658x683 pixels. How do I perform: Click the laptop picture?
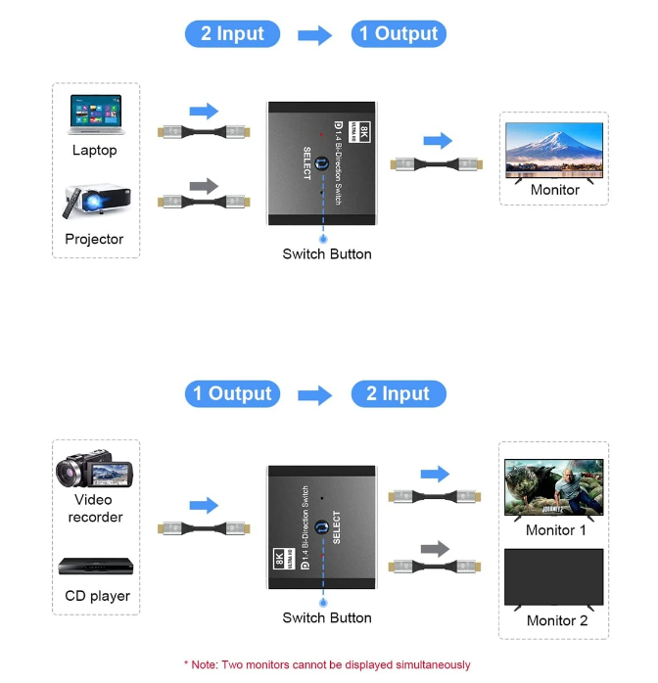click(95, 114)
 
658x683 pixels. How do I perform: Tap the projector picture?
click(94, 203)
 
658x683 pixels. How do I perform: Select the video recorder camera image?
click(94, 472)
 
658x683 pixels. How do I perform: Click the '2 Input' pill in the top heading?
click(232, 34)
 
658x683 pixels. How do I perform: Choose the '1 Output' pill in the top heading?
click(399, 34)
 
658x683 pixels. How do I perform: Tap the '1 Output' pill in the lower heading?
click(232, 394)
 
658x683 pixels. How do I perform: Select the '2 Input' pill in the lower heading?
click(399, 394)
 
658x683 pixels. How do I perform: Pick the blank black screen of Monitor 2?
click(554, 577)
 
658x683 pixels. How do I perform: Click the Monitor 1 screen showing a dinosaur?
click(554, 487)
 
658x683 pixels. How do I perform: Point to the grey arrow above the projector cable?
click(204, 185)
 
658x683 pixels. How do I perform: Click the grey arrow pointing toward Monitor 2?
click(435, 549)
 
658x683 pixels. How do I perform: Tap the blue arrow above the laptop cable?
click(204, 111)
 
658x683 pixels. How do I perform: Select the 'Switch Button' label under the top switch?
click(327, 254)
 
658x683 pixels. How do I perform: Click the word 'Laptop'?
click(95, 151)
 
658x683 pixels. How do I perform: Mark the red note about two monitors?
click(327, 665)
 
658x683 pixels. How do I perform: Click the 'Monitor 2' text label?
click(557, 620)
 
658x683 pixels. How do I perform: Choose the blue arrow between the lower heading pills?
click(315, 395)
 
